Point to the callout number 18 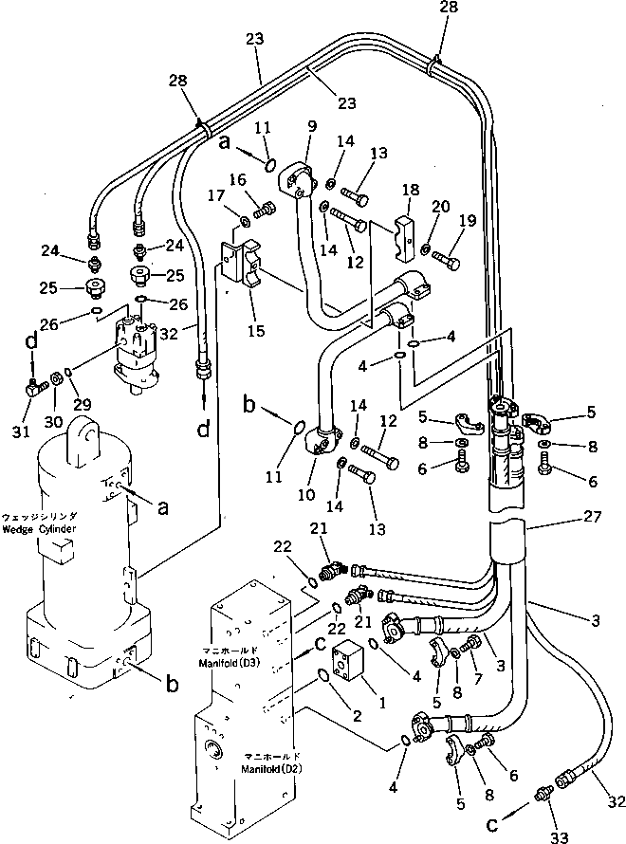tap(410, 192)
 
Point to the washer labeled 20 tap(425, 249)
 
